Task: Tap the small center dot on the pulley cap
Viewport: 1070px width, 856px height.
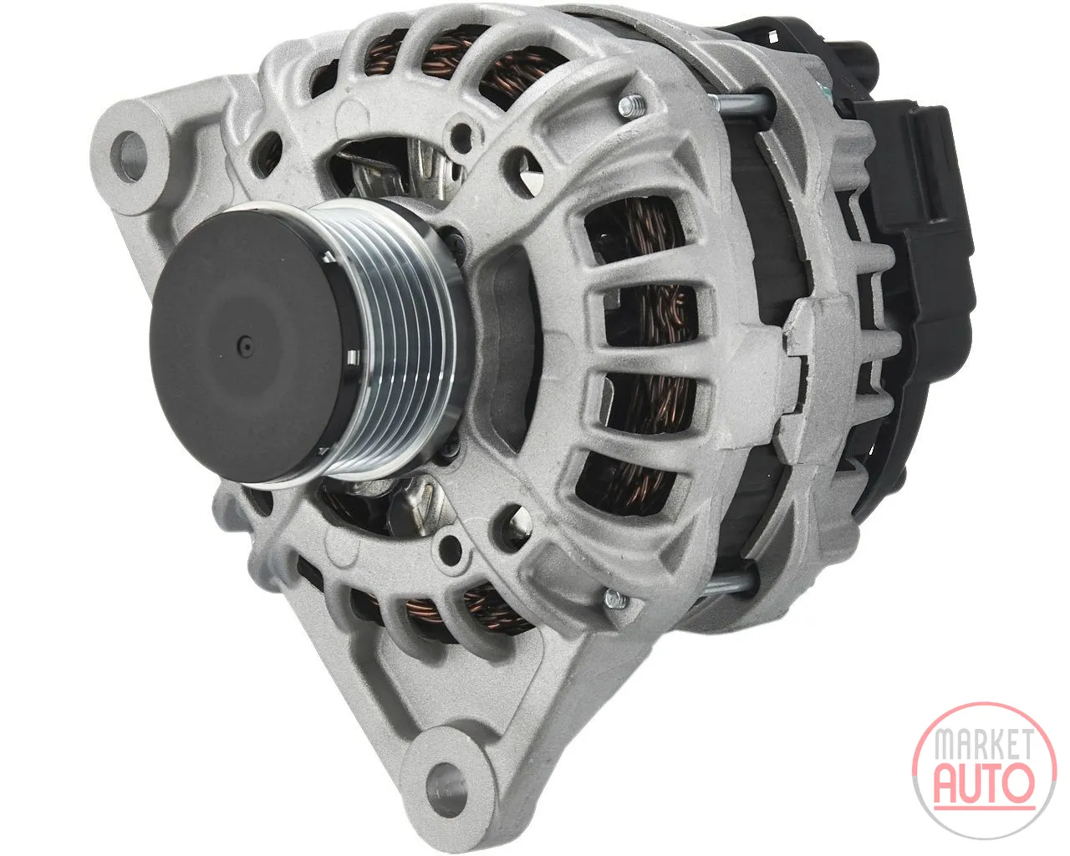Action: [245, 344]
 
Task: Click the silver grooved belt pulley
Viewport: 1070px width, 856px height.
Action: [403, 344]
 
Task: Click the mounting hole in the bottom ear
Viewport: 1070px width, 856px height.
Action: [446, 790]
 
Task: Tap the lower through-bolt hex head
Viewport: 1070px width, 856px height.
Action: [617, 599]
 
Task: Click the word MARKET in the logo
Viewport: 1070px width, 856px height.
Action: [985, 746]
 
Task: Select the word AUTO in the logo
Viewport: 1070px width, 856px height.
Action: [984, 784]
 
